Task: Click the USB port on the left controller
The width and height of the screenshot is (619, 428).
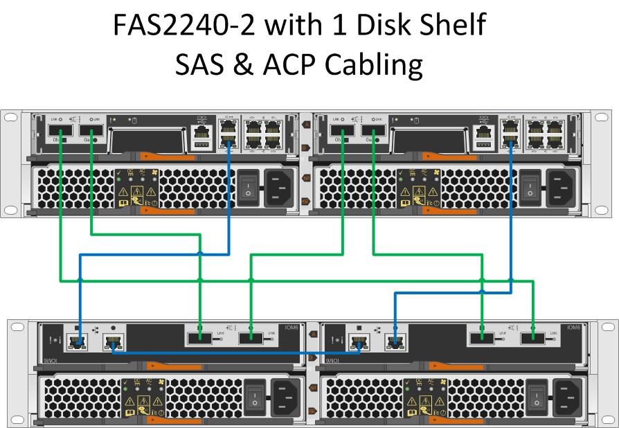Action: point(201,143)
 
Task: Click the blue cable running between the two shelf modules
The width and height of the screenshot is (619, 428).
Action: point(235,353)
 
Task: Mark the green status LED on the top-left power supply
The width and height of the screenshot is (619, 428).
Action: point(129,179)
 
